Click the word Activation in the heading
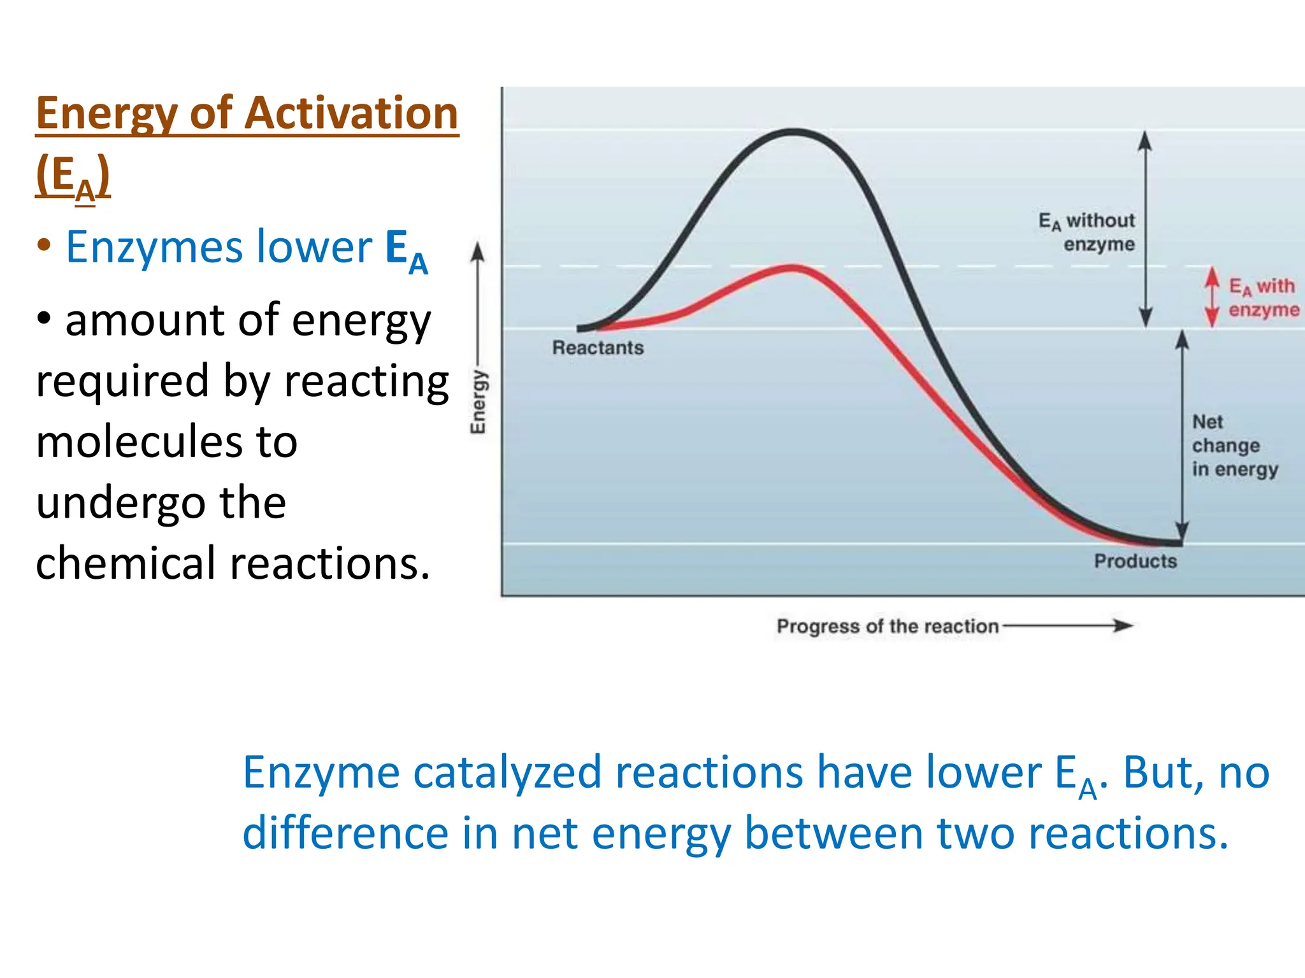click(x=351, y=113)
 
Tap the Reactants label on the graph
click(x=597, y=348)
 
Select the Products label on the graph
click(x=1135, y=561)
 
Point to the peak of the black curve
click(x=793, y=132)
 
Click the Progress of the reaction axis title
click(x=887, y=627)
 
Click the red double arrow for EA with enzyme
click(x=1213, y=297)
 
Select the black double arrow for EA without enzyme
click(x=1145, y=229)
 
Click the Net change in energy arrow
click(x=1182, y=437)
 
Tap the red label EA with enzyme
click(x=1263, y=297)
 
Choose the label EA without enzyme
click(x=1088, y=232)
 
